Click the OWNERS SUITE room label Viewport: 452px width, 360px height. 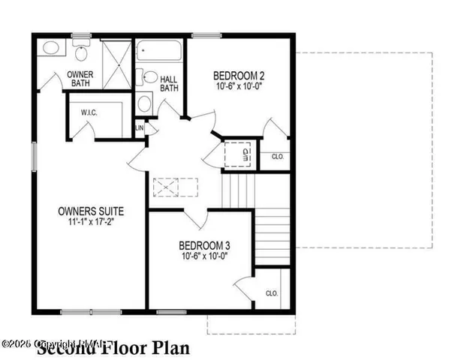click(x=90, y=211)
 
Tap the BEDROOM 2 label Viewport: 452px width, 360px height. click(x=238, y=75)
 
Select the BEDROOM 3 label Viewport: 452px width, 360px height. click(x=203, y=245)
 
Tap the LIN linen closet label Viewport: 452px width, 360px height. click(x=140, y=128)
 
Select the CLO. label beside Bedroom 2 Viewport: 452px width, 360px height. click(x=277, y=157)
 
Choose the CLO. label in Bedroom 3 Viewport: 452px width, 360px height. click(x=272, y=294)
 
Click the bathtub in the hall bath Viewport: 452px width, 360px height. click(x=159, y=52)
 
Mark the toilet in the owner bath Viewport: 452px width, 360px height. click(x=82, y=51)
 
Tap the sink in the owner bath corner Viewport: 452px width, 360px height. click(x=51, y=48)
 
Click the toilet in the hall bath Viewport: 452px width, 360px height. click(x=149, y=77)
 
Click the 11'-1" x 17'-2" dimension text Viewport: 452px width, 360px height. click(x=90, y=221)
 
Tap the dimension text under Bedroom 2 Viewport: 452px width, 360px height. click(x=238, y=86)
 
